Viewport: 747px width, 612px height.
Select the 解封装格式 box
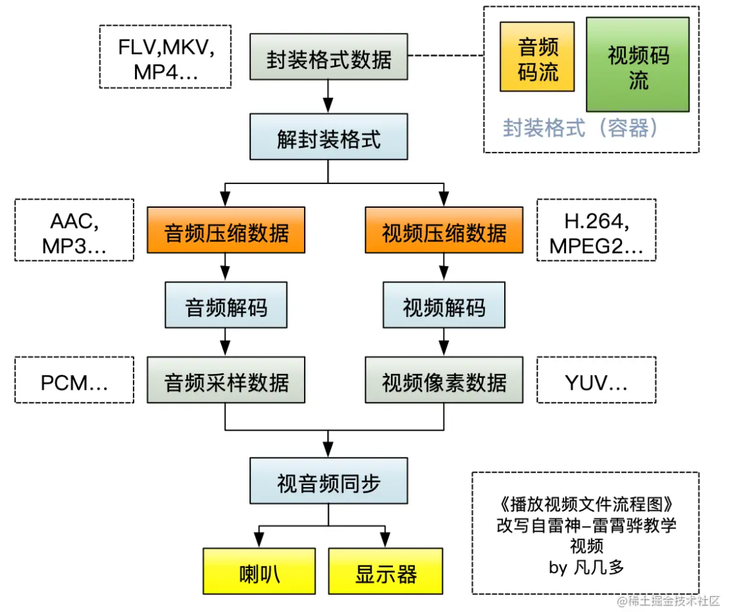pyautogui.click(x=328, y=139)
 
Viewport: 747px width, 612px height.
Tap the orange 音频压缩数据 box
pyautogui.click(x=226, y=231)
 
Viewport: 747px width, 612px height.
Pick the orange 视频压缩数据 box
pyautogui.click(x=444, y=231)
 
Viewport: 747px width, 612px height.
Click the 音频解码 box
pyautogui.click(x=226, y=306)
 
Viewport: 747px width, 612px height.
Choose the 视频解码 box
pyautogui.click(x=444, y=306)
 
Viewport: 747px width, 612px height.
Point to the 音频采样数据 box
pyautogui.click(x=226, y=381)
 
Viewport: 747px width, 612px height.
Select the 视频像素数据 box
pyautogui.click(x=444, y=381)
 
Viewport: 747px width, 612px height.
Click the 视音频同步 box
pyautogui.click(x=328, y=483)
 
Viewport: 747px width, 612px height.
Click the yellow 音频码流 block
pyautogui.click(x=537, y=57)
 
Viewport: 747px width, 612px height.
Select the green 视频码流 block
pyautogui.click(x=637, y=65)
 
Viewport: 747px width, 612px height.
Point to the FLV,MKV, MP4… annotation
pyautogui.click(x=165, y=57)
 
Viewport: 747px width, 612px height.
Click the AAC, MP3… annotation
pyautogui.click(x=74, y=230)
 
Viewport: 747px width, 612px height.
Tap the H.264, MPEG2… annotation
pyautogui.click(x=596, y=230)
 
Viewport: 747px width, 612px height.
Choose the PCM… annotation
pyautogui.click(x=74, y=380)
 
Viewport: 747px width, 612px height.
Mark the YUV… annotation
pyautogui.click(x=596, y=380)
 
